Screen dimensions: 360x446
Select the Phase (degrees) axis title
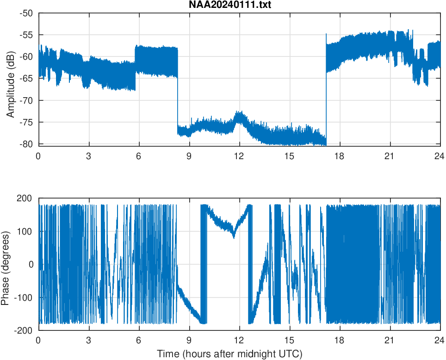6,264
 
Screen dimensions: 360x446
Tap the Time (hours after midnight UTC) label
229,354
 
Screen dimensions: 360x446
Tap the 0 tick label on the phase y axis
31,264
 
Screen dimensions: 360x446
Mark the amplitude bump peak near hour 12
239,112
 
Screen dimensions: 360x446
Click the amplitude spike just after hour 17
326,34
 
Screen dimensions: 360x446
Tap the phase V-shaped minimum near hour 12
234,237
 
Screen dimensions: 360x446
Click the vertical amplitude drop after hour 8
177,102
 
